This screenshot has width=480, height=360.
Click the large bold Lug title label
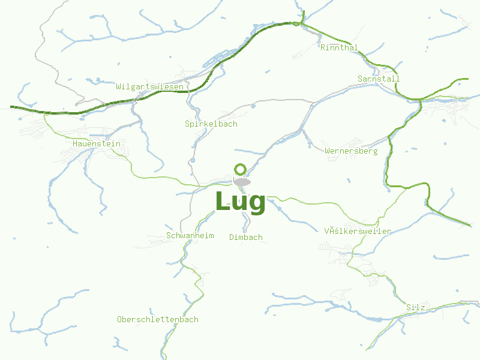[x=240, y=202]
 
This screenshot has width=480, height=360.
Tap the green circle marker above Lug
[x=241, y=169]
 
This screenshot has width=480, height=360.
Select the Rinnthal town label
[x=339, y=47]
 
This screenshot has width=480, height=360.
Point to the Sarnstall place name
[x=379, y=79]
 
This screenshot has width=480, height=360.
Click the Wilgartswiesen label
[x=149, y=86]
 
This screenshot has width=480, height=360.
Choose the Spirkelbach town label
[x=211, y=124]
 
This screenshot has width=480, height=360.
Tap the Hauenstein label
[x=96, y=143]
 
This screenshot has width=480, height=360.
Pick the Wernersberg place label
[x=351, y=151]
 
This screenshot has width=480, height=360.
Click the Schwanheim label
[x=190, y=235]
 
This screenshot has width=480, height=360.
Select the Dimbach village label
[x=246, y=237]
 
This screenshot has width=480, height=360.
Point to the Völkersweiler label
[x=358, y=231]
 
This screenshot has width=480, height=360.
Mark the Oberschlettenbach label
[x=158, y=319]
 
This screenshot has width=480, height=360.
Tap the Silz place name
[x=415, y=307]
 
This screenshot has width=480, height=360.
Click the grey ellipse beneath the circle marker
[x=242, y=182]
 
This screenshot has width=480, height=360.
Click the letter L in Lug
[x=221, y=202]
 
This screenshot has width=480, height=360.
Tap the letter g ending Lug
[x=257, y=204]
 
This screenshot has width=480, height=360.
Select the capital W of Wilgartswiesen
[x=119, y=86]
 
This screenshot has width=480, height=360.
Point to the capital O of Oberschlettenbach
[x=120, y=319]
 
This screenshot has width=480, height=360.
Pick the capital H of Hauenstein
[x=75, y=143]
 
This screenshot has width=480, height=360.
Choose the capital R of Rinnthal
[x=323, y=47]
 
